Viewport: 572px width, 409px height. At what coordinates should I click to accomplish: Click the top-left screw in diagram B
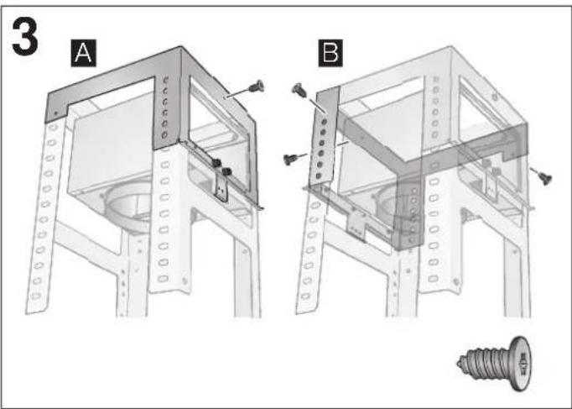pos(297,87)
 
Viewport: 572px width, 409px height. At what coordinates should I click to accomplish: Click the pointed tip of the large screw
pos(460,364)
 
